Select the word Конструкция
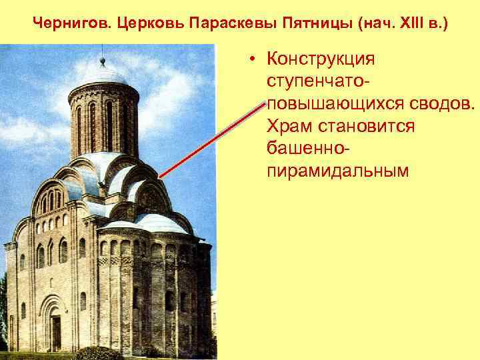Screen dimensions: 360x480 [321, 59]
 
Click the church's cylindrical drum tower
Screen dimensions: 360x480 [103, 120]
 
